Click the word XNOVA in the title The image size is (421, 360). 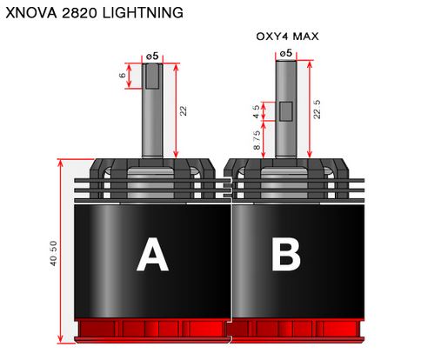[x=31, y=13]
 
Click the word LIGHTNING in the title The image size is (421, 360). [x=143, y=13]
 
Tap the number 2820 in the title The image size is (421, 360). [x=79, y=13]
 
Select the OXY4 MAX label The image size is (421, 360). [x=287, y=37]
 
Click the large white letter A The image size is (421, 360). [x=152, y=255]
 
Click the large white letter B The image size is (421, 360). [x=286, y=255]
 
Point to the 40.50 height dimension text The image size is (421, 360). [x=53, y=253]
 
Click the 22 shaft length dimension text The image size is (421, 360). [x=184, y=111]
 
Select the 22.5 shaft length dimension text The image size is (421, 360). [x=317, y=110]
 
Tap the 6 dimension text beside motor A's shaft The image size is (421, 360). [x=123, y=75]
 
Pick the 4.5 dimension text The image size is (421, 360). [x=256, y=111]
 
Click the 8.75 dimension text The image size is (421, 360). [x=257, y=140]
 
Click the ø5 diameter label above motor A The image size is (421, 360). [x=152, y=56]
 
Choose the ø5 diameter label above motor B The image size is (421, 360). [x=286, y=53]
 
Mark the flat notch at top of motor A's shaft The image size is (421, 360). [x=152, y=76]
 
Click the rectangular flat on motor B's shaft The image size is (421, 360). [x=286, y=111]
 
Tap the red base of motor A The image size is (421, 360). [x=152, y=330]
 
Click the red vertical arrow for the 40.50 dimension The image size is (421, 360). [x=60, y=251]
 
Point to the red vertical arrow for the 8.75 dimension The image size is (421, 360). [x=264, y=140]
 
